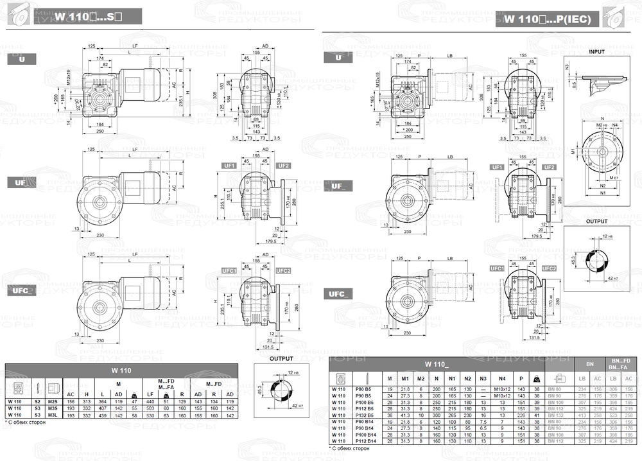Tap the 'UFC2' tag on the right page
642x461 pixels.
(x=549, y=268)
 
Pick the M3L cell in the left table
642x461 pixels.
(x=53, y=415)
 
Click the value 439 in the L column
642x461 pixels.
(x=102, y=415)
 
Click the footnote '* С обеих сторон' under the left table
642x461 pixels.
(x=26, y=424)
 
